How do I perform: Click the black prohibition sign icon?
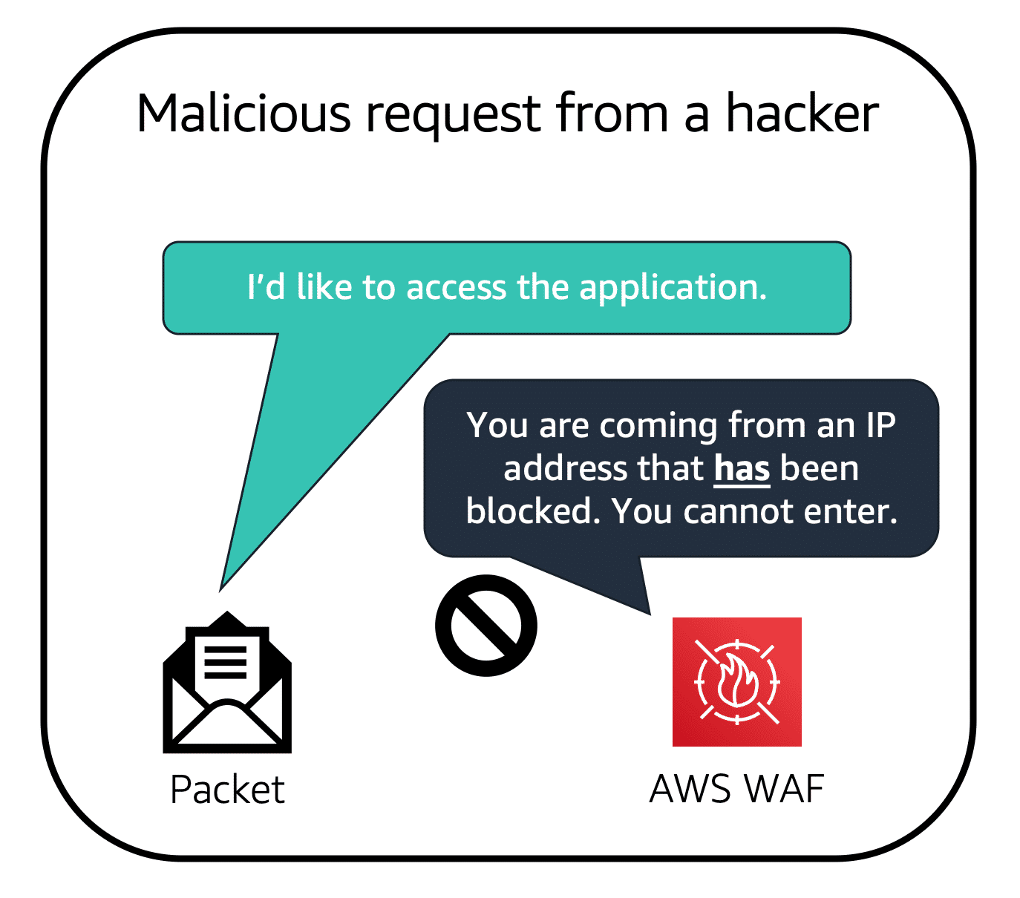486,625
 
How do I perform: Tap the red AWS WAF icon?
736,681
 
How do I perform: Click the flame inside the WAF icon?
736,681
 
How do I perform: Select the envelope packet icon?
227,683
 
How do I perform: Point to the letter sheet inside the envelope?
226,661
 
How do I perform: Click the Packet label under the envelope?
227,790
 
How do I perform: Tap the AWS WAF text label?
736,789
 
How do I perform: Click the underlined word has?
742,469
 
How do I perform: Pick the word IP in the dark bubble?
880,426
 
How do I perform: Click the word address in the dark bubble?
558,469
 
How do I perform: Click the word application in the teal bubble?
673,288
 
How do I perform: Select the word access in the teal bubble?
456,288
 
